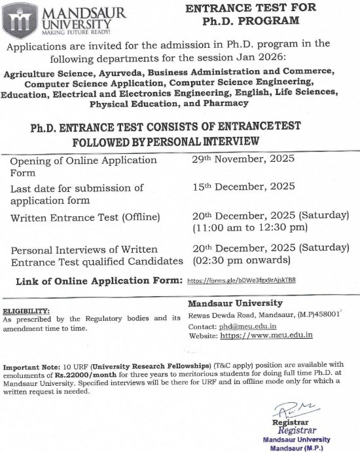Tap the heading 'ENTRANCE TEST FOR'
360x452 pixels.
(x=251, y=7)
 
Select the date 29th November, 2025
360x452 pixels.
(x=234, y=159)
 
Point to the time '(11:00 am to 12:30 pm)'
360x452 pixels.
(x=249, y=228)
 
